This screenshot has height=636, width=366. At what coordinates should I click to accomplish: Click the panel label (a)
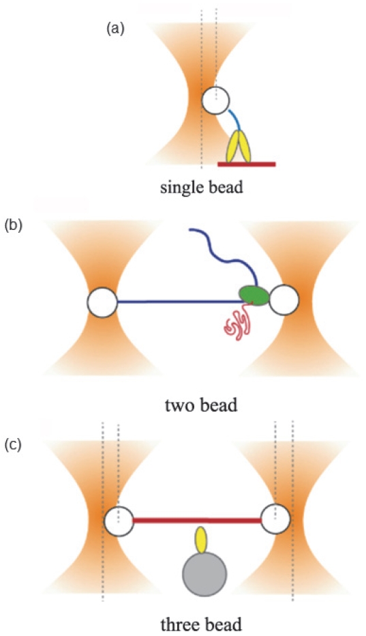[115, 30]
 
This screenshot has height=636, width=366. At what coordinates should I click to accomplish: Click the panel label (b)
[13, 225]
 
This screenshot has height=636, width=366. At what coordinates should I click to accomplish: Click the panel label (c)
[13, 445]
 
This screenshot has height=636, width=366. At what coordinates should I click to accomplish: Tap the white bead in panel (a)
[215, 100]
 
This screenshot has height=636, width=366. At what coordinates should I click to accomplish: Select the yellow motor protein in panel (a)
[239, 146]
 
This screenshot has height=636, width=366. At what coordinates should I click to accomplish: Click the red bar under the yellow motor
[247, 164]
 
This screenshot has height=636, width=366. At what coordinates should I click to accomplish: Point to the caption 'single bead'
[202, 188]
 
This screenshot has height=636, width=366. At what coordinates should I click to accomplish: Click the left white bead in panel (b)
[102, 302]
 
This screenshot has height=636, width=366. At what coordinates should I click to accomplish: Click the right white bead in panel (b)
[284, 300]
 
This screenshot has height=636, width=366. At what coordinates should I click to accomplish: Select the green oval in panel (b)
[254, 295]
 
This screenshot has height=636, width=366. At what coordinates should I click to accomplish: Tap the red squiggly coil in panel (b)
[238, 323]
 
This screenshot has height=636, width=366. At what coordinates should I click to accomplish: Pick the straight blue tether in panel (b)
[179, 302]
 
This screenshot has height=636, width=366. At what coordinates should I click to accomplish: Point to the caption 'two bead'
[202, 405]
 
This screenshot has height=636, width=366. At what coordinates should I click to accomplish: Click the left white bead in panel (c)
[119, 521]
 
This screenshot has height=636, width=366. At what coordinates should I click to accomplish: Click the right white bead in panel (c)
[275, 519]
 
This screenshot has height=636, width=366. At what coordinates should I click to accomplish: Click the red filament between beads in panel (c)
[197, 521]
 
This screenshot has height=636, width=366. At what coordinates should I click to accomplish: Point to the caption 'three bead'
[202, 624]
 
